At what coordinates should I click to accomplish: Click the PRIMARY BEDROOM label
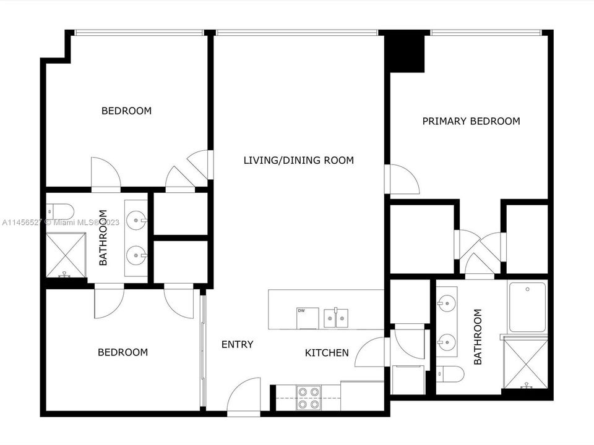click(471, 121)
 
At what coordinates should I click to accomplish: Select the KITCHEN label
click(327, 353)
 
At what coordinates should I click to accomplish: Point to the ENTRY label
click(237, 344)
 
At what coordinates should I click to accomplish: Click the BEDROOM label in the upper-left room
click(126, 111)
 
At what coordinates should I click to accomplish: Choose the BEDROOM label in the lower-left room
click(123, 352)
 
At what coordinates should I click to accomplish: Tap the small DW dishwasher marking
click(302, 310)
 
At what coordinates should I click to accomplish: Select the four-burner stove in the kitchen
click(308, 397)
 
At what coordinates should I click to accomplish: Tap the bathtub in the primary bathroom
click(527, 307)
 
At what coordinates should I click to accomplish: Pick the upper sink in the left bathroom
click(137, 218)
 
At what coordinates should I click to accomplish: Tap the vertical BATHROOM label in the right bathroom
click(478, 337)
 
